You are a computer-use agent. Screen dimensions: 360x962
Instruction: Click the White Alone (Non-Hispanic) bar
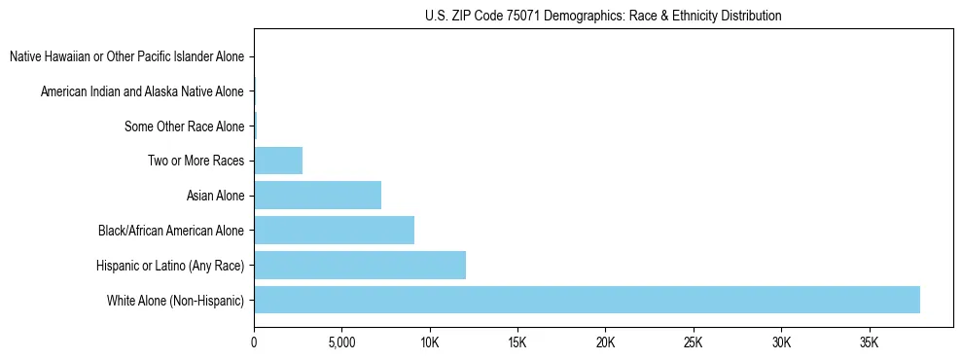click(587, 300)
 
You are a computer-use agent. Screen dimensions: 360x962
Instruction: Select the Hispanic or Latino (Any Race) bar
click(360, 265)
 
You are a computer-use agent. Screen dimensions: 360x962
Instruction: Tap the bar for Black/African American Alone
click(334, 230)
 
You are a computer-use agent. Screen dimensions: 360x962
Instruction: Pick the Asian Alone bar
click(317, 195)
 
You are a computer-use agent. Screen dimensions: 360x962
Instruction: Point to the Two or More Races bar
click(278, 161)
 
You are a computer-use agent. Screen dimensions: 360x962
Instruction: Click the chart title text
click(603, 16)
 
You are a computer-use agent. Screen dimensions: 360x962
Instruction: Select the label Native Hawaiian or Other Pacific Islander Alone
click(126, 57)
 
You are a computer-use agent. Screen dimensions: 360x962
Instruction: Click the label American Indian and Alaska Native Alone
click(142, 91)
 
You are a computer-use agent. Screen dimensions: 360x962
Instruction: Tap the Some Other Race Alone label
click(184, 126)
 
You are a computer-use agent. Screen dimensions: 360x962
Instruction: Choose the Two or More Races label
click(196, 161)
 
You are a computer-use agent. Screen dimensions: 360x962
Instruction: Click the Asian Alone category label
click(215, 196)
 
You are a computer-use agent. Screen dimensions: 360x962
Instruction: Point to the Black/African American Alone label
click(171, 231)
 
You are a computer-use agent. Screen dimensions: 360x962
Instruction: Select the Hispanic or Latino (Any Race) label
click(170, 265)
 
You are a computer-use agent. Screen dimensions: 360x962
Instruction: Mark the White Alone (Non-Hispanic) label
click(176, 300)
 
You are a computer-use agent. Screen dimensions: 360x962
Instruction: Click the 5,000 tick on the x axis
click(341, 343)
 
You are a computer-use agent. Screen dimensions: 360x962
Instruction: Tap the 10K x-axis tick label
click(429, 343)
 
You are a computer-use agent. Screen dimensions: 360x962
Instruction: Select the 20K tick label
click(605, 343)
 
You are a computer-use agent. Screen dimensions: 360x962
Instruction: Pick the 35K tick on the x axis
click(869, 343)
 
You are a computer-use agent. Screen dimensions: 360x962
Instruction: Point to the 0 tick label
click(254, 343)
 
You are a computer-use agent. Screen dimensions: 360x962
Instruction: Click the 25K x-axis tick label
click(693, 343)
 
